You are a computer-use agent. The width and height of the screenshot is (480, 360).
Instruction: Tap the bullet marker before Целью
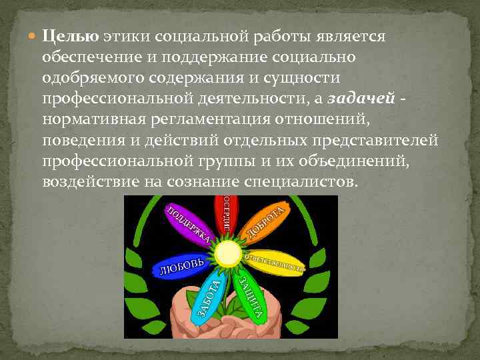pos(34,36)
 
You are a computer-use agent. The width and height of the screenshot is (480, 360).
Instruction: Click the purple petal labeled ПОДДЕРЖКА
pos(189,223)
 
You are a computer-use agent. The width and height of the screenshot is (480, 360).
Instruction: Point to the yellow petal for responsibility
pos(274,261)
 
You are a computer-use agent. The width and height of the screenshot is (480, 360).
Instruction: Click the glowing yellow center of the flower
pos(229,253)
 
